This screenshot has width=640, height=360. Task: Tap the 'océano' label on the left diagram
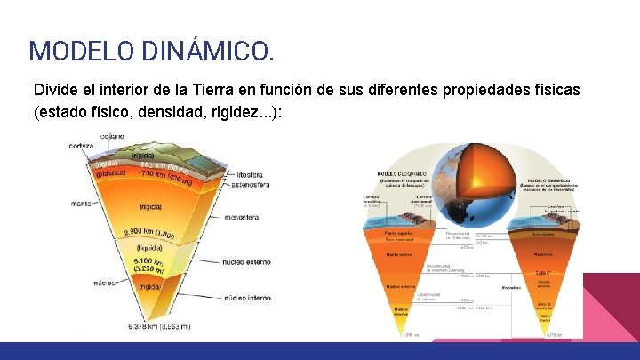click(x=111, y=136)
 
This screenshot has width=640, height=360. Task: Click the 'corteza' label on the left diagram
click(x=82, y=145)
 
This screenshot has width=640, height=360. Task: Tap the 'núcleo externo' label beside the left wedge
click(x=264, y=262)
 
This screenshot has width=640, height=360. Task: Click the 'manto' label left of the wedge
click(x=82, y=204)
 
